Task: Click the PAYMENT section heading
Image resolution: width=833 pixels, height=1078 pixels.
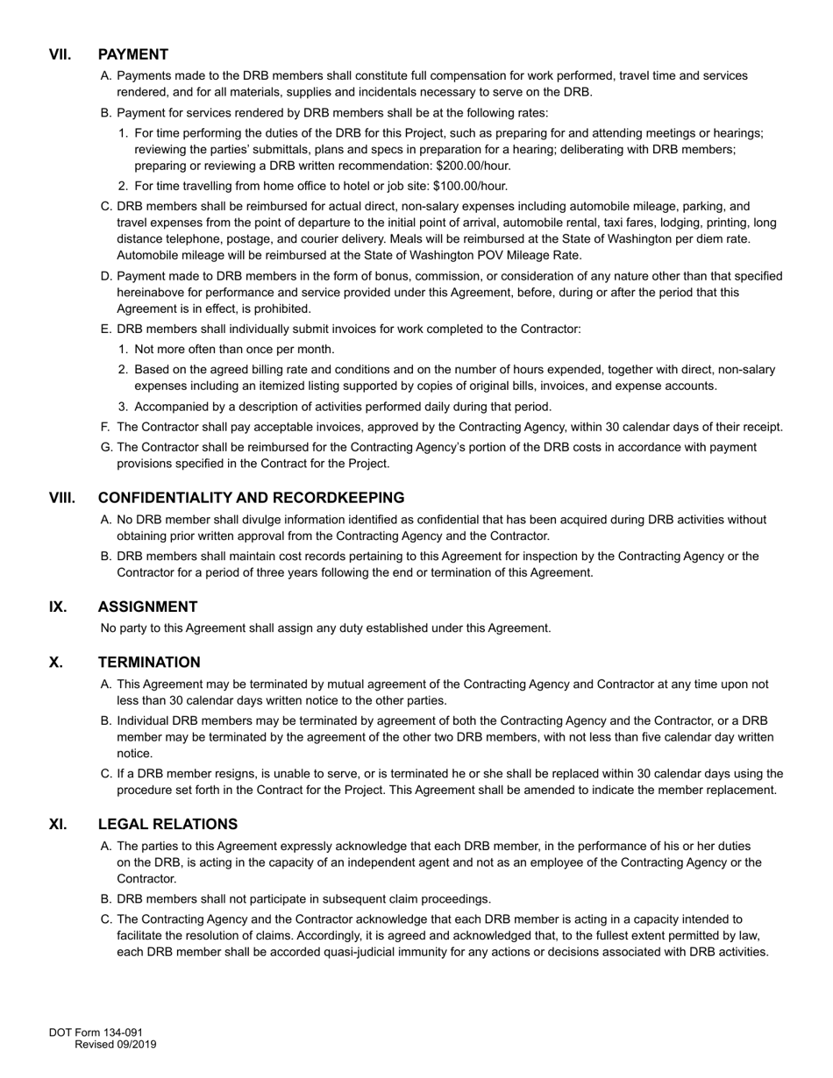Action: coord(133,54)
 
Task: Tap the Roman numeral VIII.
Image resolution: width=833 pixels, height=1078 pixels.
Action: coord(62,498)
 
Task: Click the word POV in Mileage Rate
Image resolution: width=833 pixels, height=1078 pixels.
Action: coord(486,255)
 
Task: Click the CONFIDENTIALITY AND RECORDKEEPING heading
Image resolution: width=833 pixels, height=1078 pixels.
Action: coord(251,498)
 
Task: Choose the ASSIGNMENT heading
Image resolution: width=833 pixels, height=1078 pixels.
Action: coord(147,606)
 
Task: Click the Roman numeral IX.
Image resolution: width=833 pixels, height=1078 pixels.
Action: coord(58,606)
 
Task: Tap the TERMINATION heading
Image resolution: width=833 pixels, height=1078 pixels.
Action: coord(149,663)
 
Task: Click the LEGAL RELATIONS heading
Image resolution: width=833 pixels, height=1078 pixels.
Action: coord(167,825)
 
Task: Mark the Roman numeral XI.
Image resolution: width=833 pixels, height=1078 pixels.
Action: coord(58,825)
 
